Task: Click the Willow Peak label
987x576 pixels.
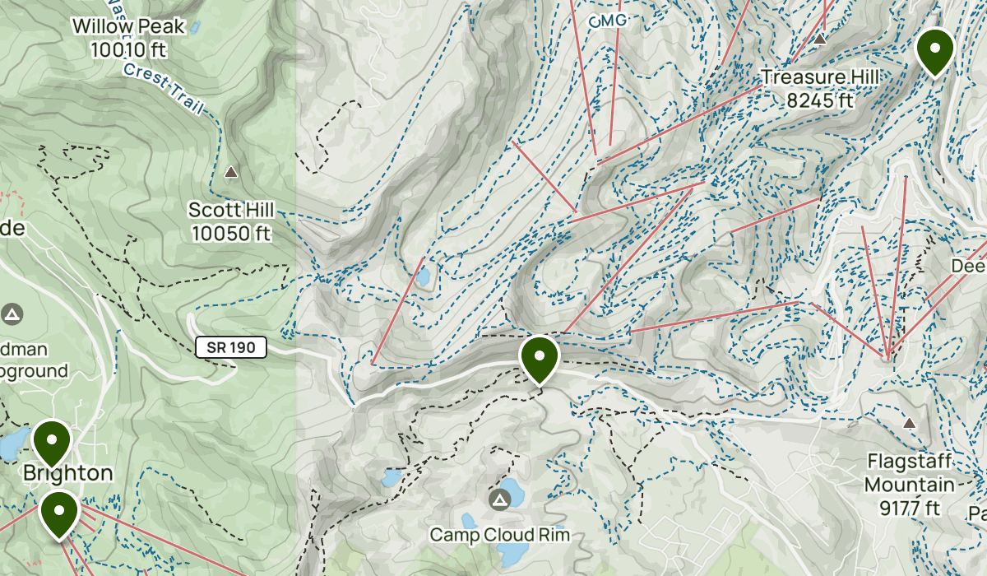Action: [x=127, y=27]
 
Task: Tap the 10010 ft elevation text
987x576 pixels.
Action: [x=127, y=49]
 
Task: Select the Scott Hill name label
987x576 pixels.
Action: [x=230, y=210]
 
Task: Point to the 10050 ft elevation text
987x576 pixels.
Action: [x=230, y=234]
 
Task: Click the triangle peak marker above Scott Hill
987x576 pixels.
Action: [x=231, y=172]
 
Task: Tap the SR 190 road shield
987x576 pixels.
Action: [x=231, y=348]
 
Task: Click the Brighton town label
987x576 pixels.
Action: [x=67, y=473]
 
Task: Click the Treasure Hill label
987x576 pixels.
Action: [x=819, y=77]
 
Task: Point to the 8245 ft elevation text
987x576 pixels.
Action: [x=819, y=100]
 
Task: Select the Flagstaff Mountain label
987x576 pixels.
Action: [x=909, y=473]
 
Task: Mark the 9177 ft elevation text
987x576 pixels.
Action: [x=909, y=508]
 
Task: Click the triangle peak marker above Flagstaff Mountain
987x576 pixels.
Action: [x=909, y=423]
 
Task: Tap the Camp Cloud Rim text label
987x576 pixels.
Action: [x=499, y=536]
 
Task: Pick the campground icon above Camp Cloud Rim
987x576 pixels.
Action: [x=499, y=500]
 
